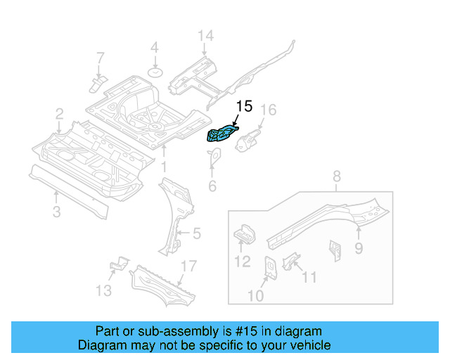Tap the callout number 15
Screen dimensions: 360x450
pyautogui.click(x=243, y=107)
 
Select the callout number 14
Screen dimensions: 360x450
pyautogui.click(x=205, y=36)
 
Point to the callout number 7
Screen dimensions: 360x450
pyautogui.click(x=99, y=57)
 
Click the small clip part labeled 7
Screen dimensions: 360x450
pyautogui.click(x=97, y=84)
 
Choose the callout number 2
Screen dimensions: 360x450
pyautogui.click(x=60, y=112)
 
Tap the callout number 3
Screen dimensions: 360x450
pyautogui.click(x=58, y=211)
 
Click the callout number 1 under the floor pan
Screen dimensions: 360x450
pyautogui.click(x=163, y=167)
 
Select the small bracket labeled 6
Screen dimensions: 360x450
pyautogui.click(x=212, y=160)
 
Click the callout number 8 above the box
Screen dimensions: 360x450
pyautogui.click(x=336, y=176)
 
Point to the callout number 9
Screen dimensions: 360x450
pyautogui.click(x=359, y=247)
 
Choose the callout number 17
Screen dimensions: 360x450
pyautogui.click(x=188, y=266)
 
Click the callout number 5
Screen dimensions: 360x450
pyautogui.click(x=197, y=233)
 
